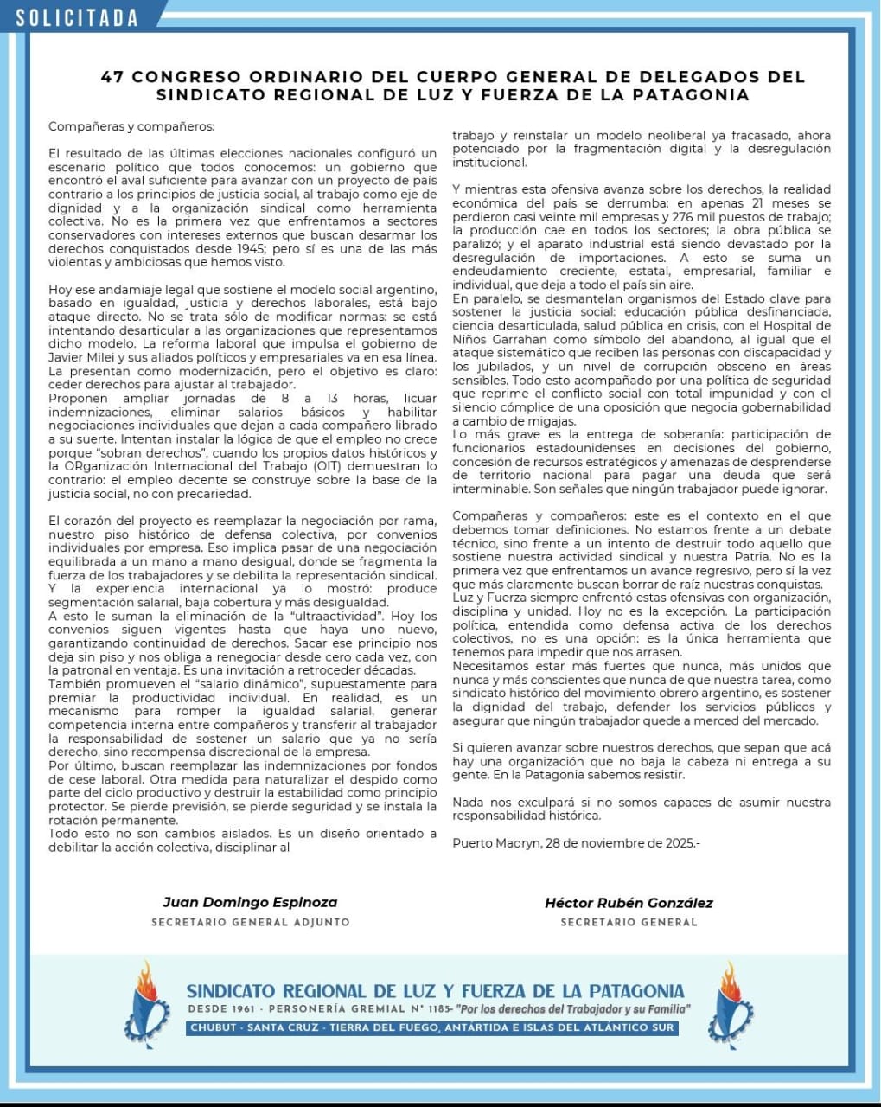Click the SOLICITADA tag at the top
point(76,17)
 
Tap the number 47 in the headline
point(112,77)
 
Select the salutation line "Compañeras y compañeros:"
point(131,126)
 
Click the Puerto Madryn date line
point(576,842)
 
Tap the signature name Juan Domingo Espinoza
point(250,902)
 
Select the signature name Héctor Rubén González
point(629,902)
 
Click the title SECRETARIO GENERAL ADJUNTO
point(250,922)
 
